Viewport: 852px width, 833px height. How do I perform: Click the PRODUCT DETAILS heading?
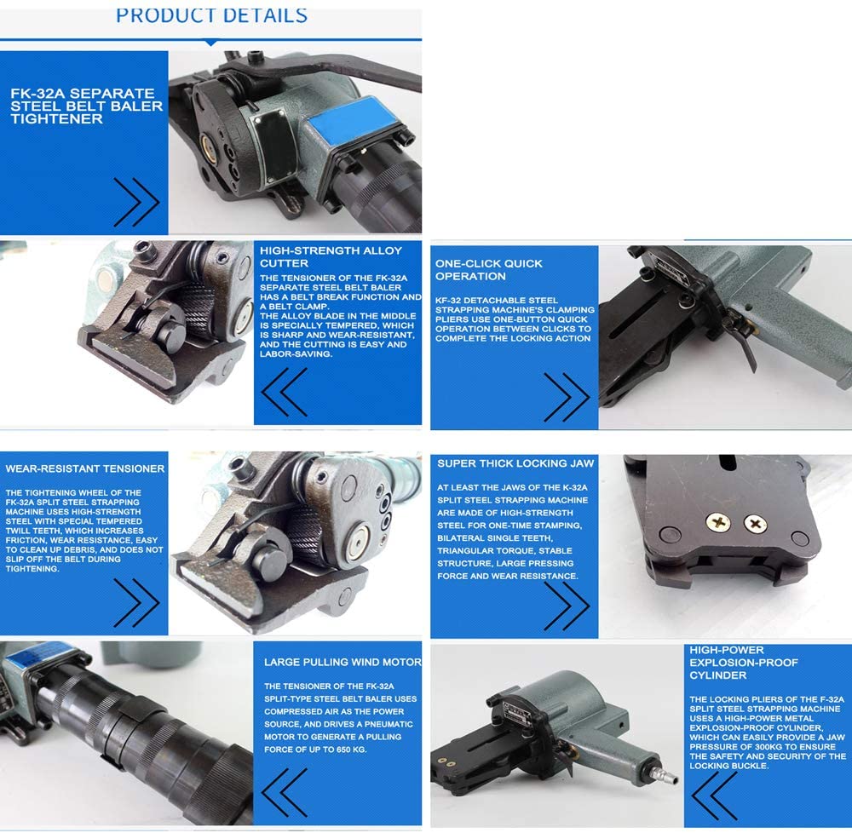(x=211, y=15)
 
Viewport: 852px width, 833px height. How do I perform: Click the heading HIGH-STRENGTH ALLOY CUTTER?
(x=331, y=257)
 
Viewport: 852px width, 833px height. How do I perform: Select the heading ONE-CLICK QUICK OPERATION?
(x=488, y=270)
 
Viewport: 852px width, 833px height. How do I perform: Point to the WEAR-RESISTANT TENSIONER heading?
(x=84, y=468)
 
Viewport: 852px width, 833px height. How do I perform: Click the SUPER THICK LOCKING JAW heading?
(x=515, y=463)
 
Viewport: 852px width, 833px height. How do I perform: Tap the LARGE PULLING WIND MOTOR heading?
(x=343, y=662)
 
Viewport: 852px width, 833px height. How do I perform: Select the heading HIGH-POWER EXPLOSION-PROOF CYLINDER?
(x=744, y=663)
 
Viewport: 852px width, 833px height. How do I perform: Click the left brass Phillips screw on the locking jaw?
(x=717, y=522)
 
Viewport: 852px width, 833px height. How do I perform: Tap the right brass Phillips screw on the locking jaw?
(x=755, y=524)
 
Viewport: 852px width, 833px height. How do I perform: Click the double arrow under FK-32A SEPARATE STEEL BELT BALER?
(x=136, y=202)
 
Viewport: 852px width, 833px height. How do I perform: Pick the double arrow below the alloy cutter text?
(x=285, y=392)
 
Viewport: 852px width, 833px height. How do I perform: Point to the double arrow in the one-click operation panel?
(x=567, y=397)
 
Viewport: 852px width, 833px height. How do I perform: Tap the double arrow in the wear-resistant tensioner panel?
(x=136, y=603)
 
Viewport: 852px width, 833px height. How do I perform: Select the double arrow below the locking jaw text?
(x=567, y=606)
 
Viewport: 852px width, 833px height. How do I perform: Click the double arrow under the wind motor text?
(x=285, y=792)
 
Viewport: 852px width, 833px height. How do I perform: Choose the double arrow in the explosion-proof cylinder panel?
(x=715, y=796)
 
